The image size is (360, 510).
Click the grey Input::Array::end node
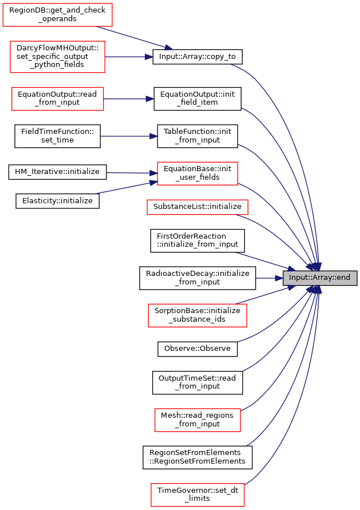pos(320,278)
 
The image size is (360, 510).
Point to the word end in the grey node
pos(343,278)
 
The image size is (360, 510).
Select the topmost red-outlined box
pos(57,15)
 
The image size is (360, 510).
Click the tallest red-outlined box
pos(57,57)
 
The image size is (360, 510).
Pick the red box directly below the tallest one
pos(57,99)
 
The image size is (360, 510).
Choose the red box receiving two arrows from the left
pos(197,173)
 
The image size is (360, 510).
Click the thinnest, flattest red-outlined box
pos(197,207)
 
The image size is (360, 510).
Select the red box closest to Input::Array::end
pos(197,315)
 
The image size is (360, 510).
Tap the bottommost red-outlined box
pos(197,495)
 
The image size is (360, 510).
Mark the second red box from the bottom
pos(197,420)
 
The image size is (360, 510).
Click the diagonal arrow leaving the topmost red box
pos(134,38)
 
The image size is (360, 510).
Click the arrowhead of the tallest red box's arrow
pos(149,57)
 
